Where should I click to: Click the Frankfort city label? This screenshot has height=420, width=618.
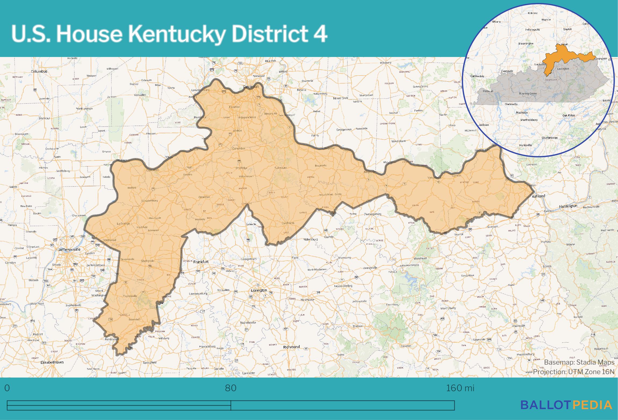click(201, 262)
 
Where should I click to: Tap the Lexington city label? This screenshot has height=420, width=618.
click(259, 290)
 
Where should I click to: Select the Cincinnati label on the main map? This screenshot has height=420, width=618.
click(251, 87)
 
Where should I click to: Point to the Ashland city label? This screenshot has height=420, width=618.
click(539, 196)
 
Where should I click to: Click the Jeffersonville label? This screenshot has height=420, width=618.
click(69, 250)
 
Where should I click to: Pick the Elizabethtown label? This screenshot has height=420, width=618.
click(52, 362)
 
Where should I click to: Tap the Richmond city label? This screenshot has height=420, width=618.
click(291, 347)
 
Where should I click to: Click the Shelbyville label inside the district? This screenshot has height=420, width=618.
click(148, 261)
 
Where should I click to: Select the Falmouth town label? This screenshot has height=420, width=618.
click(281, 168)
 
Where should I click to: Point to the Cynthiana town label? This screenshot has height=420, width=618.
click(288, 223)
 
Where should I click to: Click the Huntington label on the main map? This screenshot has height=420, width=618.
click(568, 206)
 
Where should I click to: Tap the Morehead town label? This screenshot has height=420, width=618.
click(420, 259)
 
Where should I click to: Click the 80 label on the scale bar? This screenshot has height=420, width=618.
click(231, 388)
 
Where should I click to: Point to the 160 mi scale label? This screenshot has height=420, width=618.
click(460, 388)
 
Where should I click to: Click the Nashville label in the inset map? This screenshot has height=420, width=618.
click(522, 113)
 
